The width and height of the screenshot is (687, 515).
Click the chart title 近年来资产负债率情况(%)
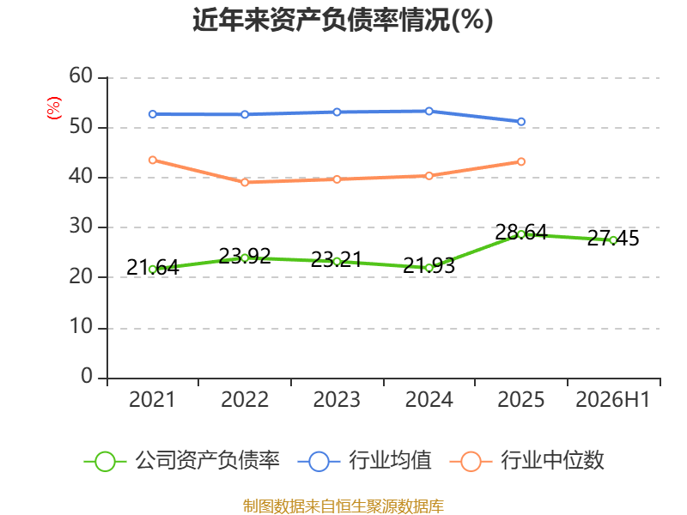(343, 20)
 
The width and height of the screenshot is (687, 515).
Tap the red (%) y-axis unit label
(54, 108)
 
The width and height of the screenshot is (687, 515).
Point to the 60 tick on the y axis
(81, 76)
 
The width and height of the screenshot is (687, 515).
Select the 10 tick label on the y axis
(81, 327)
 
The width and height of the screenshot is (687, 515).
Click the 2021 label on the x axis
(152, 399)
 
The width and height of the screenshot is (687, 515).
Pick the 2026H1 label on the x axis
(612, 399)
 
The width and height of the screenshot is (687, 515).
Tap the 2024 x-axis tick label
(429, 399)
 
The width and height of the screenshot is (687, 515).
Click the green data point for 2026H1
(613, 240)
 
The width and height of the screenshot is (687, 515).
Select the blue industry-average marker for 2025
(521, 122)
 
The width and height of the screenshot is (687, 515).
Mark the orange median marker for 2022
(245, 182)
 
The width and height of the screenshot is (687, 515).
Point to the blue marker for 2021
(153, 114)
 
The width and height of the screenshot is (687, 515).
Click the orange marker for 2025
(521, 162)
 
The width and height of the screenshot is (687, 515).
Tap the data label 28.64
(521, 232)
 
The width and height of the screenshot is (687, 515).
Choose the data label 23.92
(245, 256)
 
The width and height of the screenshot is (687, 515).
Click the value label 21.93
(429, 265)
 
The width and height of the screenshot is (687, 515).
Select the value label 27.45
(613, 239)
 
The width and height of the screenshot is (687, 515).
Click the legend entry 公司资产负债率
(181, 461)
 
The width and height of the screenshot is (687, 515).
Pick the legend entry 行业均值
(364, 461)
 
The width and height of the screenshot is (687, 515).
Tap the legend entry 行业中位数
(527, 461)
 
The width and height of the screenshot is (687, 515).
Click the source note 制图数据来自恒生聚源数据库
(343, 506)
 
